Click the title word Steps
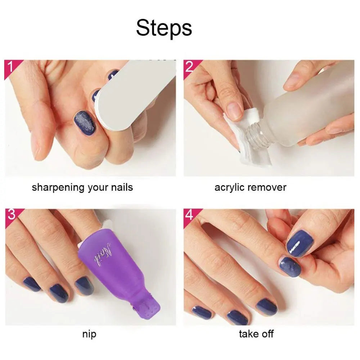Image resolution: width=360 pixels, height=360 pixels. coord(164,28)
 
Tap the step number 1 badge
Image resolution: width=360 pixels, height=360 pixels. coord(11,67)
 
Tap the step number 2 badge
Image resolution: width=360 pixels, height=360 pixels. coord(190,67)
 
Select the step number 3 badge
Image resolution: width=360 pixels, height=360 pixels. coord(11,215)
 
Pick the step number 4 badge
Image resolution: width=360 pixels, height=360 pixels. coord(190,215)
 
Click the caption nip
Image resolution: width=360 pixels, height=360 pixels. coord(89,334)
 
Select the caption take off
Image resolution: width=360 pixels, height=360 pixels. coord(256,334)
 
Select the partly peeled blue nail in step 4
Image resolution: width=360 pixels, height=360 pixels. coord(289,267)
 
